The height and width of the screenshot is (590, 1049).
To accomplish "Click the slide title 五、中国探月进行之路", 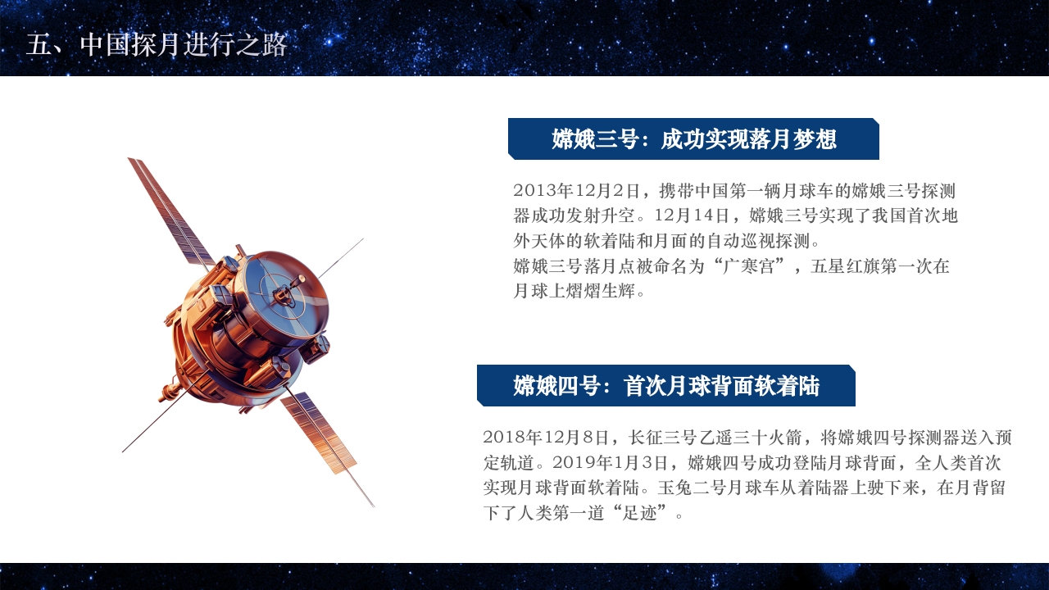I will (x=157, y=45).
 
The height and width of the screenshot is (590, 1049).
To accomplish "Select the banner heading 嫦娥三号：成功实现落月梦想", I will (x=693, y=139).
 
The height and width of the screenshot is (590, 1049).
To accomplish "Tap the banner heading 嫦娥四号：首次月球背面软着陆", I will (x=666, y=386).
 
